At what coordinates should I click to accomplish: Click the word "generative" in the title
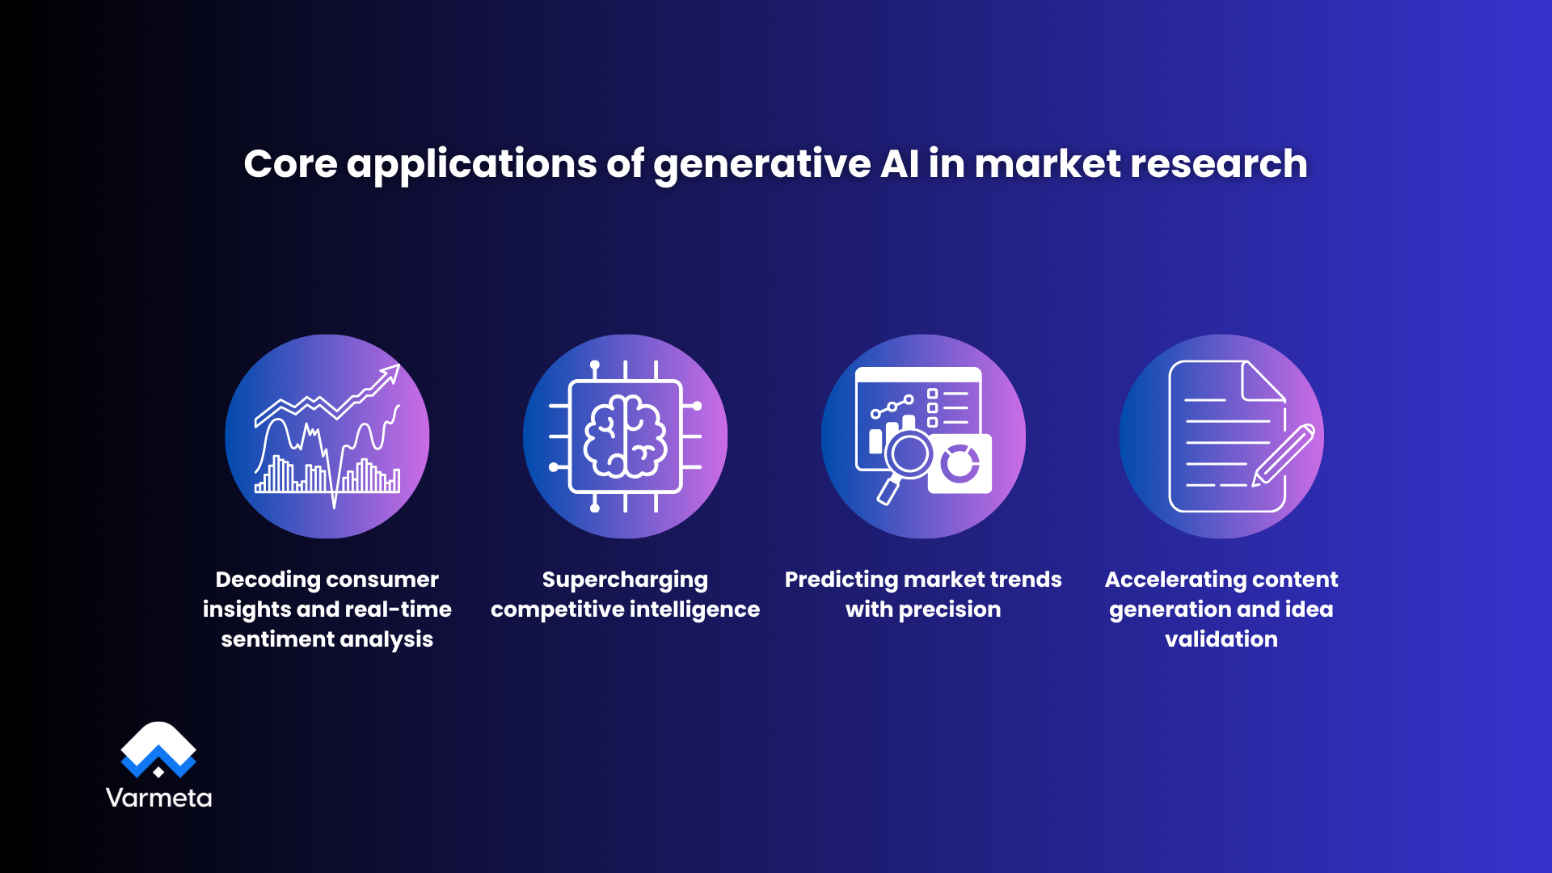pos(761,164)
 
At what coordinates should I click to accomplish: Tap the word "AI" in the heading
pos(899,164)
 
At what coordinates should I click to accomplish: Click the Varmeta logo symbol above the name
pos(158,749)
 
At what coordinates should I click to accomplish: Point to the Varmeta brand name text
pos(158,798)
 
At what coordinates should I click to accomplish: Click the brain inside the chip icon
pos(625,436)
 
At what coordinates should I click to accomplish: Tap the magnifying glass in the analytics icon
pos(909,456)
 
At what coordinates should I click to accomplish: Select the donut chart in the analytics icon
pos(959,463)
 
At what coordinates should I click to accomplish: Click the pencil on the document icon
pos(1284,455)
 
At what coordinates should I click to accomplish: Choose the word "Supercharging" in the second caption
pos(625,580)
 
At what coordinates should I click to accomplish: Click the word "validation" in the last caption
pos(1221,639)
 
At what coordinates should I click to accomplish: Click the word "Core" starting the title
pos(290,164)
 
